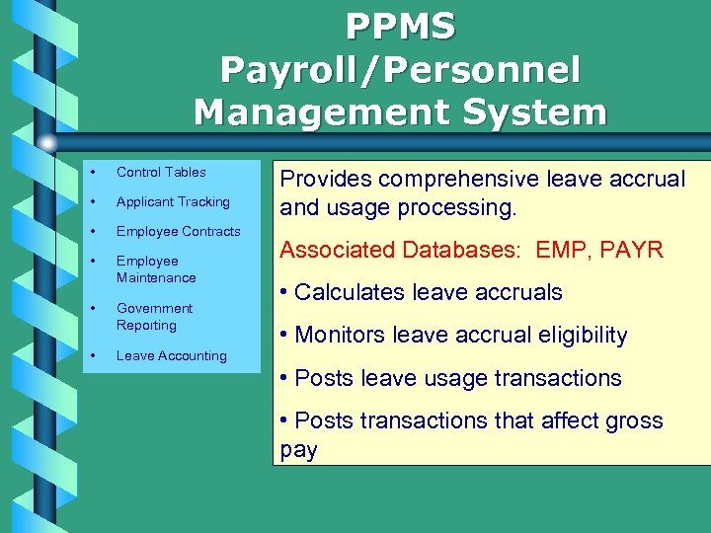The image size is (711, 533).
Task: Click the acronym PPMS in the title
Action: [400, 27]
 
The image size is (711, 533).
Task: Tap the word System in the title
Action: [525, 112]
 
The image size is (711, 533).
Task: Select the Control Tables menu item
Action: [161, 172]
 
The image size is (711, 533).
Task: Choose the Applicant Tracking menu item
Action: [173, 201]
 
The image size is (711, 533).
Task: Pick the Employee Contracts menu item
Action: [179, 231]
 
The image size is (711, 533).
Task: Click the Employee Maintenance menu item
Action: [156, 269]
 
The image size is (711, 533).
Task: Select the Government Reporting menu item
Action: [154, 317]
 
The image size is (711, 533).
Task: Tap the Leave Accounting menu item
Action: [172, 355]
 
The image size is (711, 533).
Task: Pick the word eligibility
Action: [580, 336]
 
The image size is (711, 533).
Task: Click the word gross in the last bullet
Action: [630, 421]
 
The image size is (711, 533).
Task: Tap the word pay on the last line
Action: [299, 451]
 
